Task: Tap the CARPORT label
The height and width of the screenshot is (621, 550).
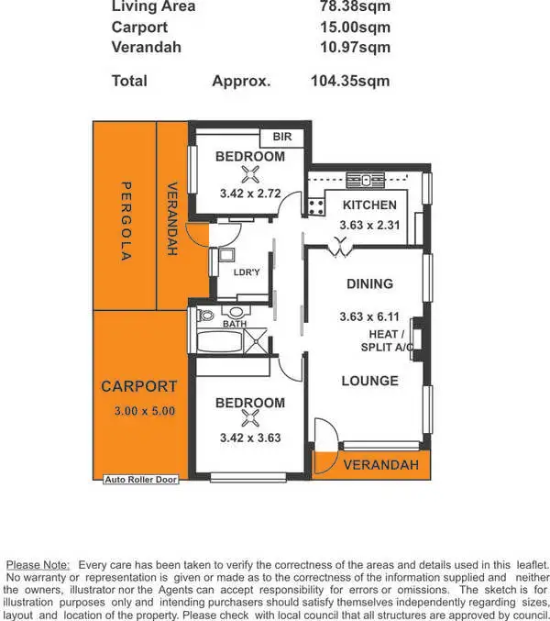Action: (138, 387)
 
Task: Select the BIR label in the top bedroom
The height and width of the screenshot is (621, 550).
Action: (282, 137)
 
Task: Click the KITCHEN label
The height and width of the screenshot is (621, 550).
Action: (368, 205)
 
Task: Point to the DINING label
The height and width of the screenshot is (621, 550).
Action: (369, 283)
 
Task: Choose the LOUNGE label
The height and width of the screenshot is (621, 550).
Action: (369, 381)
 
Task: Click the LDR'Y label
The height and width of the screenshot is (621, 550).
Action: (247, 273)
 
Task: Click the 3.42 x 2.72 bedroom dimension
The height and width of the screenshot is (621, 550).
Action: (250, 194)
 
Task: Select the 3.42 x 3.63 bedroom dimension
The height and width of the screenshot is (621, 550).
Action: (250, 438)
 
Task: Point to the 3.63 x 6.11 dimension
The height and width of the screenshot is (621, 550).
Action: (369, 317)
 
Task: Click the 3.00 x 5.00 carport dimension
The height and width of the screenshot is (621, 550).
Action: (138, 411)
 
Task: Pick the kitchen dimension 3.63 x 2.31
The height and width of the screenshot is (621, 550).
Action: (368, 223)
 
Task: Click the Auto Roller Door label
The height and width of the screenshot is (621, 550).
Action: (140, 479)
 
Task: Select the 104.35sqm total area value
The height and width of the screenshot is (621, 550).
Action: (350, 81)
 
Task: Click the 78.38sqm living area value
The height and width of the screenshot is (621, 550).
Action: (354, 6)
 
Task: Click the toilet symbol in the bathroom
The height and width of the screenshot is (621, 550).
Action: (205, 316)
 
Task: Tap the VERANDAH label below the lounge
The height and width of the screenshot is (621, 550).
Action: (380, 465)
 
